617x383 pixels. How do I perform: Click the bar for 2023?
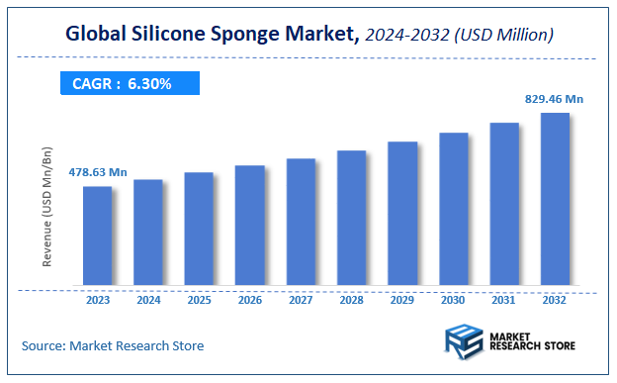pyautogui.click(x=97, y=236)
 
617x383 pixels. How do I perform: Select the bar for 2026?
pyautogui.click(x=249, y=225)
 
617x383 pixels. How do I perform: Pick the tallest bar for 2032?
pyautogui.click(x=555, y=199)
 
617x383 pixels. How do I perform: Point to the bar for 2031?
pyautogui.click(x=504, y=204)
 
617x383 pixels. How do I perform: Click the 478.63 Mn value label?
pyautogui.click(x=97, y=172)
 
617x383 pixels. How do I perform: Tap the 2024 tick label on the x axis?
pyautogui.click(x=148, y=300)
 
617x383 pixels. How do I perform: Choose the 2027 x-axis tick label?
pyautogui.click(x=301, y=300)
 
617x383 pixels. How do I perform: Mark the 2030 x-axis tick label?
pyautogui.click(x=453, y=300)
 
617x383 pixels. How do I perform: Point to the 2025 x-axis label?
pyautogui.click(x=199, y=300)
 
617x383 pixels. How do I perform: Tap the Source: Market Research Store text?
pyautogui.click(x=113, y=345)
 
